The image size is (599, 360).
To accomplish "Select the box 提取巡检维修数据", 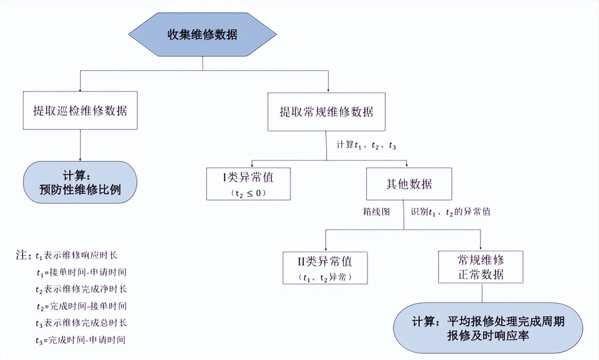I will [x=80, y=110].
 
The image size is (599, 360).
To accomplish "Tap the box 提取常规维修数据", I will [x=327, y=112].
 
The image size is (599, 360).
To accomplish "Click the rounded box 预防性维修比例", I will [x=80, y=182].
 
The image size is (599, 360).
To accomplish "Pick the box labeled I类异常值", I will [x=248, y=184].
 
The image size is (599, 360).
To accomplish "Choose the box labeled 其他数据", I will [x=409, y=184].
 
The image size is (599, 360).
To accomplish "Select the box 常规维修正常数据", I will [x=481, y=267].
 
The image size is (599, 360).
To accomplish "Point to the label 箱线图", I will [x=376, y=212].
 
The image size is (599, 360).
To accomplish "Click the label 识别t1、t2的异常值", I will [x=450, y=212].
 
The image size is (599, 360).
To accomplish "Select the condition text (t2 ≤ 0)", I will [x=248, y=194].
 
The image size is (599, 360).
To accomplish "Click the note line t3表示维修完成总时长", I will [x=82, y=323].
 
